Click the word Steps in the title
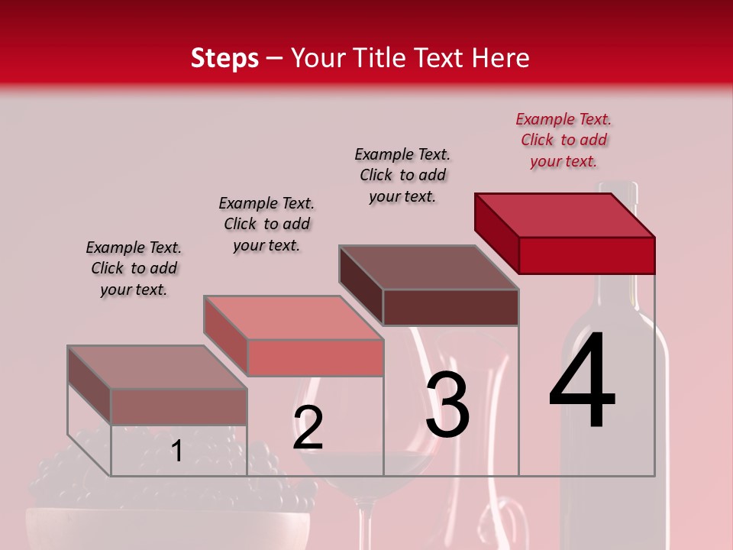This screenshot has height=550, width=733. (x=224, y=58)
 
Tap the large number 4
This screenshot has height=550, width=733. (x=582, y=382)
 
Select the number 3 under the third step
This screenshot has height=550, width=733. (x=447, y=405)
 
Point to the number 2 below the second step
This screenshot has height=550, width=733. (x=308, y=428)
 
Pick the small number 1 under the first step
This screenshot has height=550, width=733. (x=176, y=451)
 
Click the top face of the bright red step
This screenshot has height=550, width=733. (x=563, y=215)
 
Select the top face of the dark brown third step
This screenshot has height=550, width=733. (x=428, y=267)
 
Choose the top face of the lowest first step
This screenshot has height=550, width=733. (x=157, y=367)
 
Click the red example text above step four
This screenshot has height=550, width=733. (x=563, y=140)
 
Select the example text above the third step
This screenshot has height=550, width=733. (x=402, y=175)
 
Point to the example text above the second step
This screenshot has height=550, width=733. (x=266, y=224)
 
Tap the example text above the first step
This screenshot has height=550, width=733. (x=134, y=268)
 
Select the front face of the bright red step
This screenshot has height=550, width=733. (x=586, y=255)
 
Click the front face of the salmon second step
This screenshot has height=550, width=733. (x=315, y=357)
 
